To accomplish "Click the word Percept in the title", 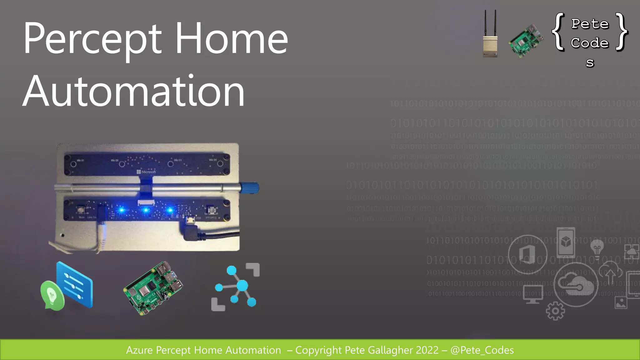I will [92, 39].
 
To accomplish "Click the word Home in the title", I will [231, 39].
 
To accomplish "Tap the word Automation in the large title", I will [134, 92].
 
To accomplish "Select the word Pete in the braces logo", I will [590, 24].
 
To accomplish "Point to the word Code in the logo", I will [590, 43].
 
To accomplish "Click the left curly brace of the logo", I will [558, 32].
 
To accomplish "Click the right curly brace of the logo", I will [622, 32].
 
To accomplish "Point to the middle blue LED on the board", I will [146, 210].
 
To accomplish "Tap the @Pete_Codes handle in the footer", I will [482, 350].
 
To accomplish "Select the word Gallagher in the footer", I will [387, 350].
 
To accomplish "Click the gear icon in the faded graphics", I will [555, 311].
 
